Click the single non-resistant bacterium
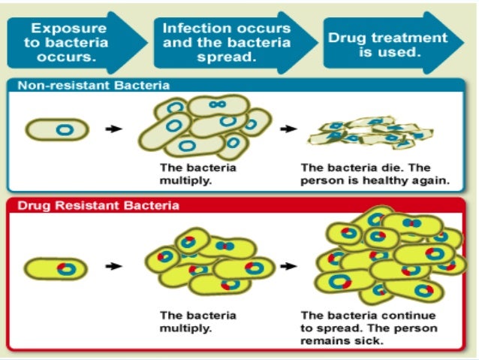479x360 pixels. click(x=58, y=130)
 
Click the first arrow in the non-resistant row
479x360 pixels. click(x=113, y=129)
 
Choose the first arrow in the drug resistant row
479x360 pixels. click(x=113, y=266)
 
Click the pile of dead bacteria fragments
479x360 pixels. click(x=363, y=133)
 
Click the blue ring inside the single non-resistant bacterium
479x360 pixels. click(x=65, y=130)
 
